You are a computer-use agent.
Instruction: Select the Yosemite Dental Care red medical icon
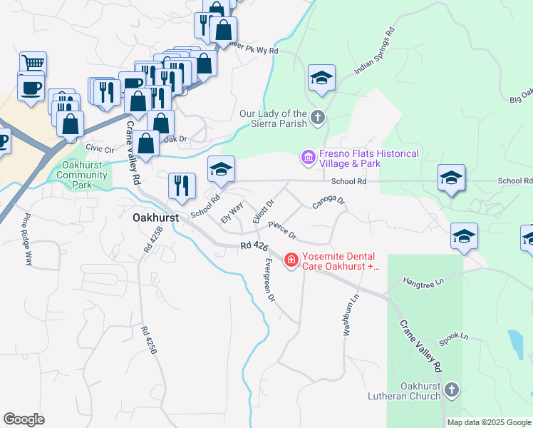click(x=291, y=261)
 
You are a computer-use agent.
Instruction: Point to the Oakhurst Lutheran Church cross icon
click(x=450, y=389)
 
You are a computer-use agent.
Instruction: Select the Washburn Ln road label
click(x=348, y=315)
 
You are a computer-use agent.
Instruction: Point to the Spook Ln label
click(x=453, y=339)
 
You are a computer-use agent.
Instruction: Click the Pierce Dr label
click(x=281, y=230)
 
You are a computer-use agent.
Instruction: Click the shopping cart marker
click(x=33, y=63)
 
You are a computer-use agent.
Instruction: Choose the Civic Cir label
click(x=100, y=149)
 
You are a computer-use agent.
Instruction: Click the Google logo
click(x=24, y=419)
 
